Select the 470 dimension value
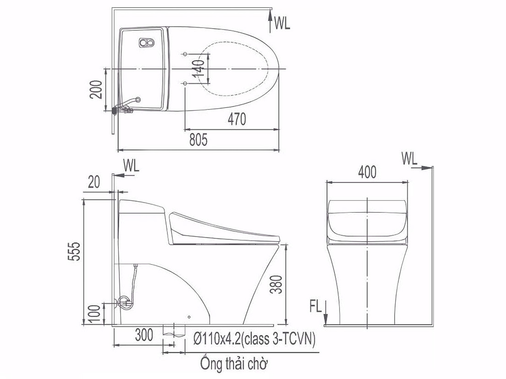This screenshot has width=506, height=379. pos(237,119)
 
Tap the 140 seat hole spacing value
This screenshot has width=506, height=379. pos(198,68)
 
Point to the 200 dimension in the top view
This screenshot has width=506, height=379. pos(96,89)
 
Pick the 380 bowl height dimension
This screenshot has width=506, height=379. pos(276,284)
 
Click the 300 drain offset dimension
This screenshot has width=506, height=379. pos(144,335)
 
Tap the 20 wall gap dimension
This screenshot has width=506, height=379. pos(94,182)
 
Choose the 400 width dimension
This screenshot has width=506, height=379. pos(367,172)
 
